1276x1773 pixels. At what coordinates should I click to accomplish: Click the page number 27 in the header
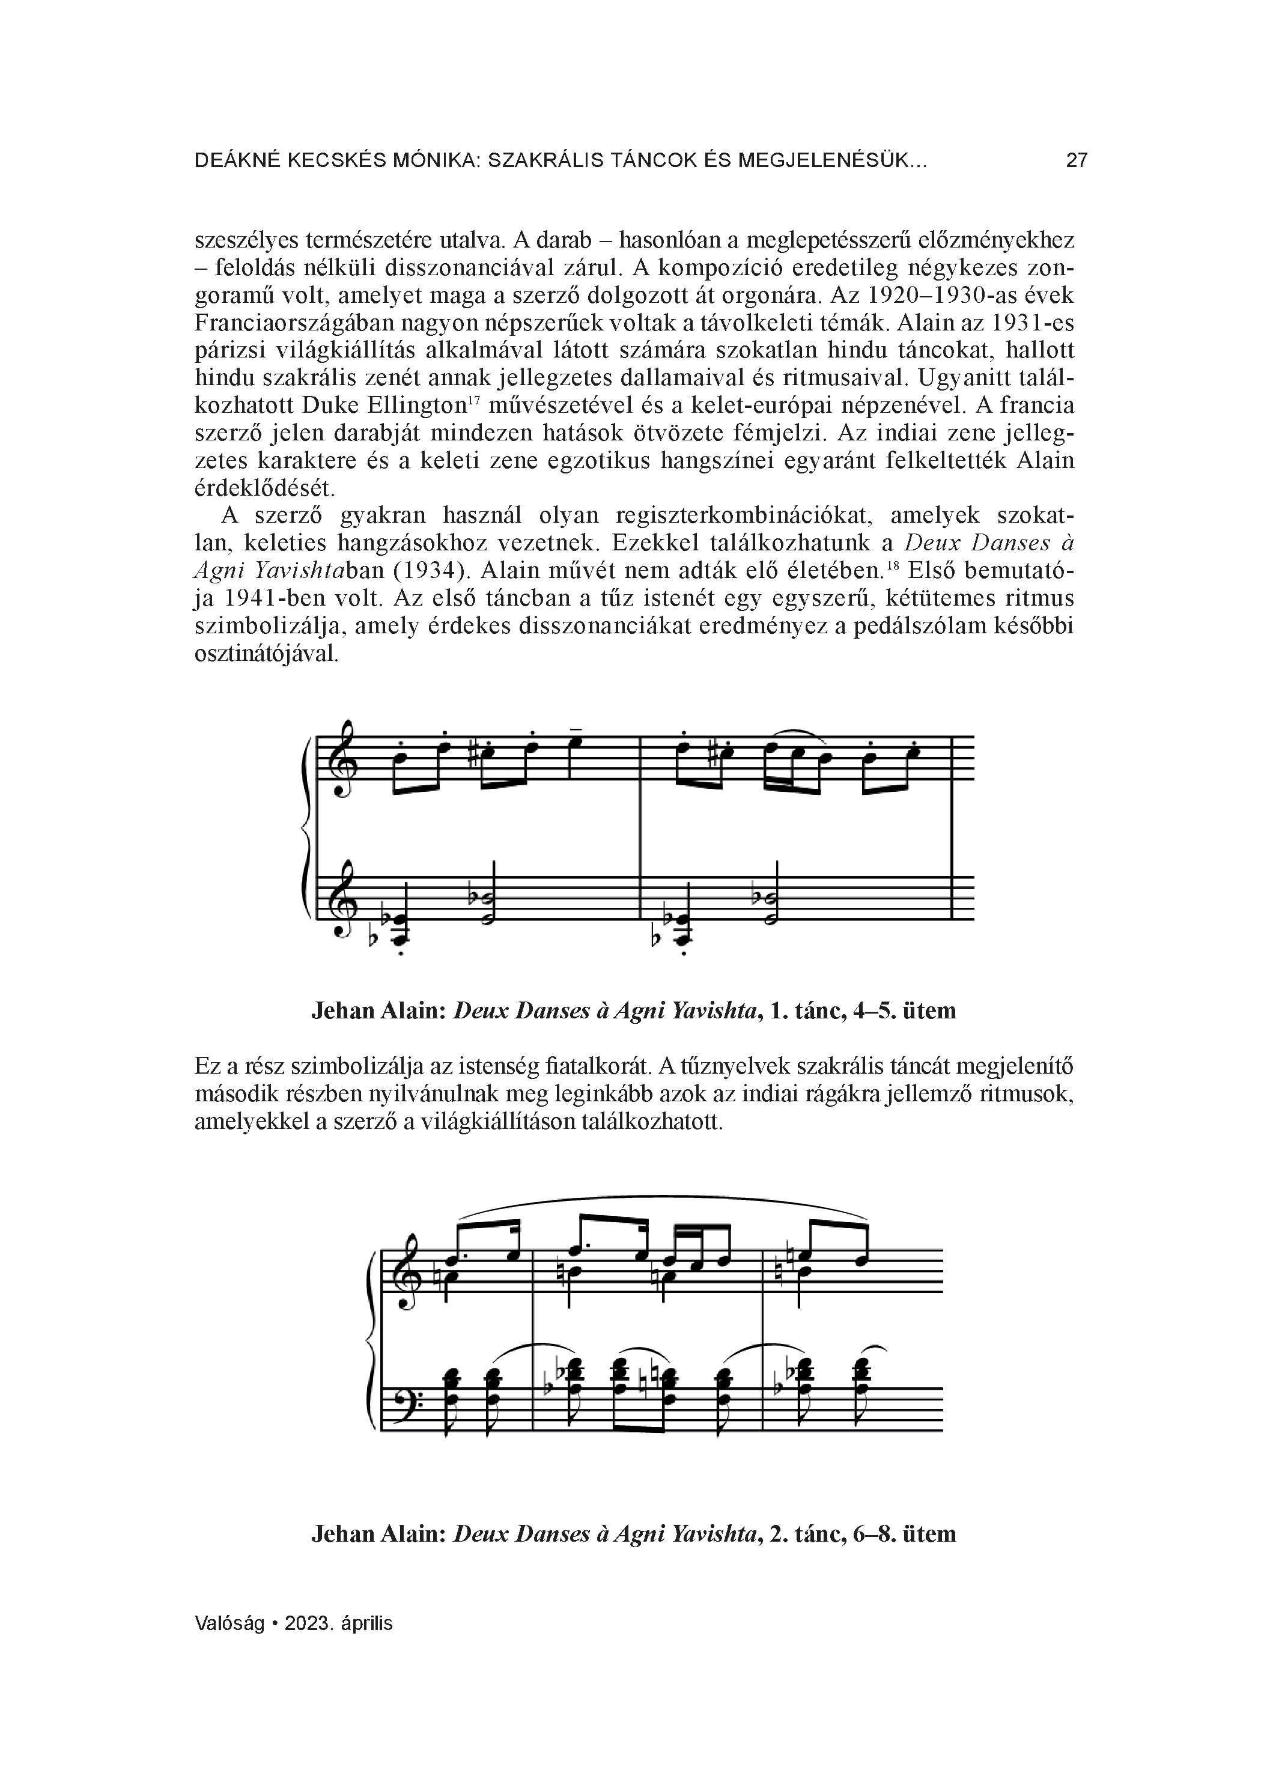1077,161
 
